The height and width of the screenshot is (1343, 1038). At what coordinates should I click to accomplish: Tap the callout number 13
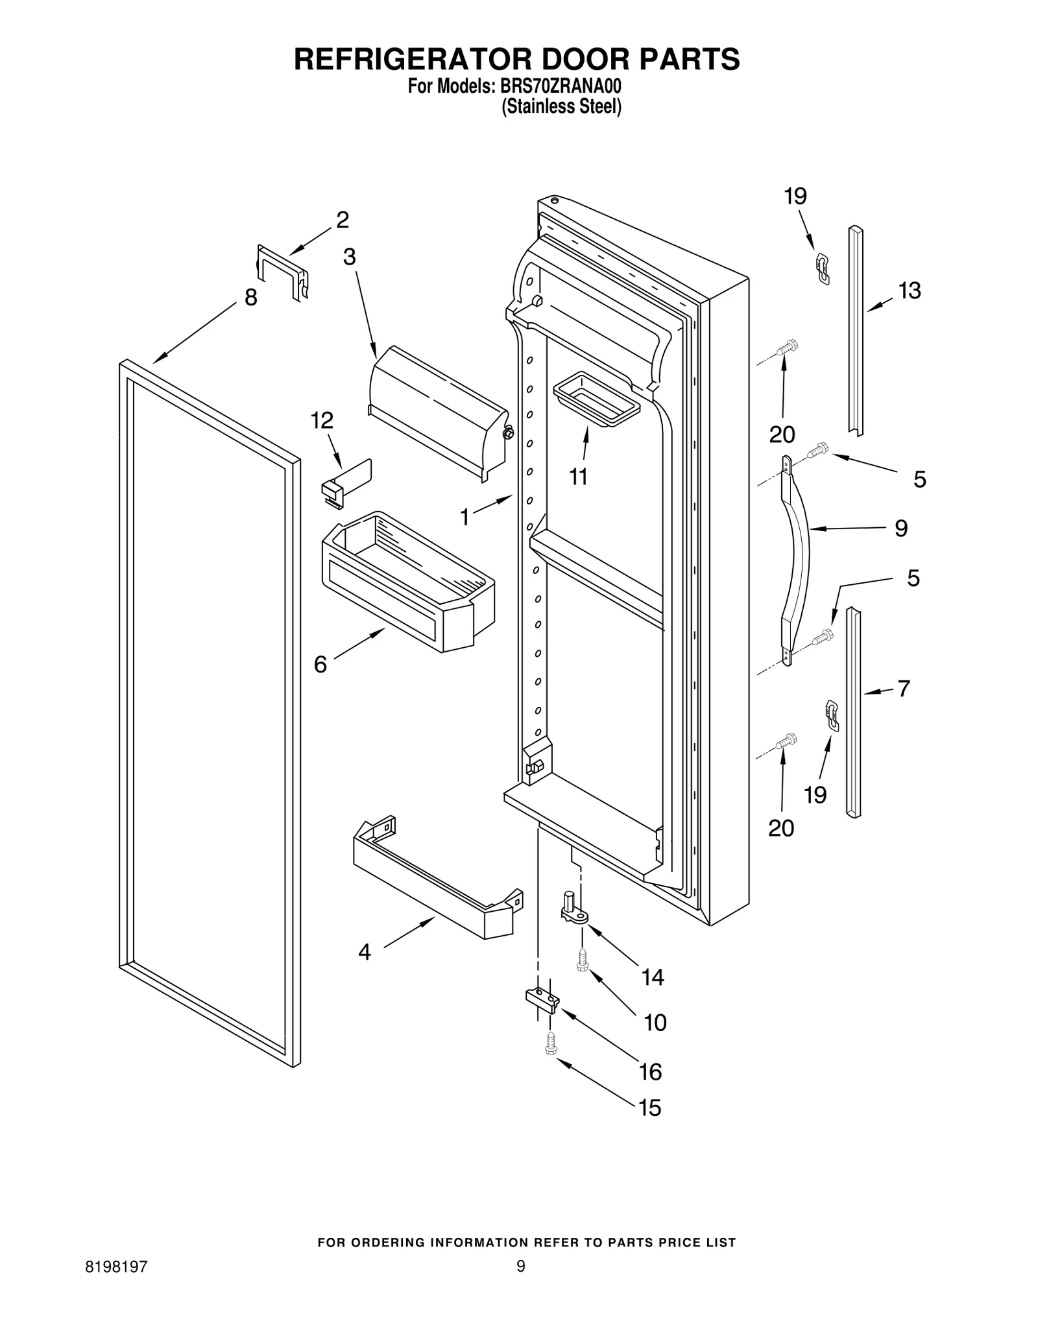coord(910,291)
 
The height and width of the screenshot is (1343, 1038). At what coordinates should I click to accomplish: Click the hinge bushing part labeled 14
coord(573,907)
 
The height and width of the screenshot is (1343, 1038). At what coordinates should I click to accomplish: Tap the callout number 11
coord(578,477)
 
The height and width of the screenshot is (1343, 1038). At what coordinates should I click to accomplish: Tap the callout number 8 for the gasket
coord(250,298)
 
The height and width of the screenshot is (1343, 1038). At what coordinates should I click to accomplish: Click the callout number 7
coord(904,688)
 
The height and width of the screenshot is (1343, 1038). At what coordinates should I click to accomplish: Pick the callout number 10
coord(655,1023)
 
